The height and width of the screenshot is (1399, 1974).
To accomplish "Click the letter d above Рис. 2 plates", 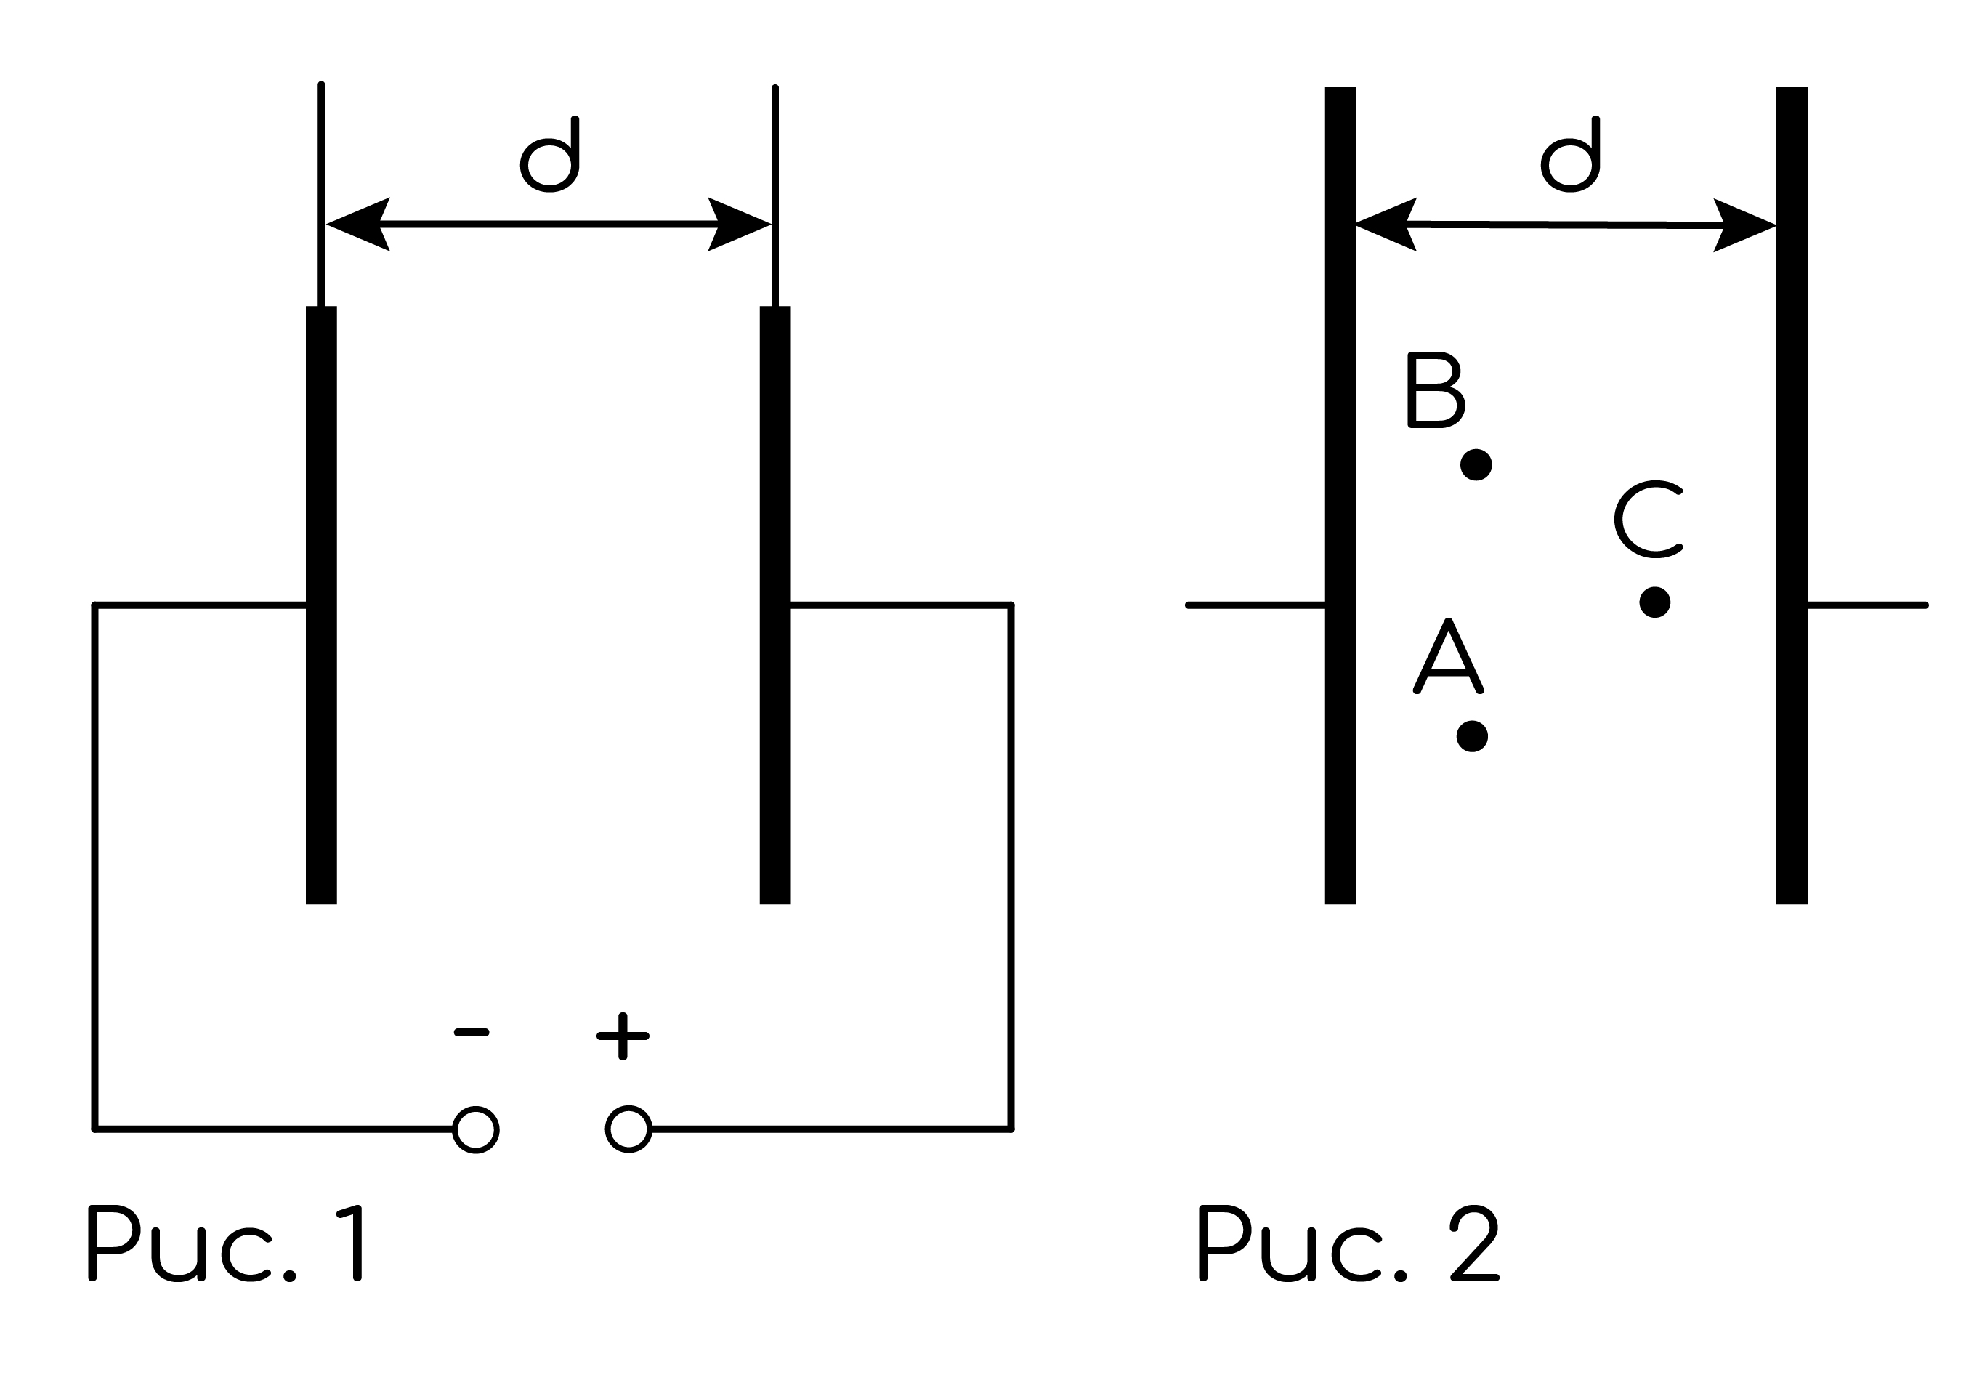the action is coord(1570,154).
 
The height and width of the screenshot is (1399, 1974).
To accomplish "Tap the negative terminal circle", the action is coord(475,1129).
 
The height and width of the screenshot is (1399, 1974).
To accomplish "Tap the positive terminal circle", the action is coord(628,1129).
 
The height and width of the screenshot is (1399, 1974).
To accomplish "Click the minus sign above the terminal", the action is coord(471,1032).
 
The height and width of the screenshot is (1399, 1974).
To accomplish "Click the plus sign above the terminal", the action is coord(623,1036).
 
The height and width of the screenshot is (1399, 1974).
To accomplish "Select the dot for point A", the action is coord(1472,736).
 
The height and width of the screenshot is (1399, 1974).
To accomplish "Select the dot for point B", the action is coord(1476,465).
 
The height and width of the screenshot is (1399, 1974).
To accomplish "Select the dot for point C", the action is coord(1654,603).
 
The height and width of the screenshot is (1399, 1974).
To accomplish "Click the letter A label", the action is coord(1449,656).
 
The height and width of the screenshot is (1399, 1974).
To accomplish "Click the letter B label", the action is coord(1436,390).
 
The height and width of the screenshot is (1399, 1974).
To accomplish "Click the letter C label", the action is coord(1649,519).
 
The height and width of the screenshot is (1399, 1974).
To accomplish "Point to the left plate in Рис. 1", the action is coord(321,605).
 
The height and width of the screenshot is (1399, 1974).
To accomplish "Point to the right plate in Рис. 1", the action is coord(775,605).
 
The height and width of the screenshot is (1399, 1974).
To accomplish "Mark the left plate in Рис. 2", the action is coord(1340,496).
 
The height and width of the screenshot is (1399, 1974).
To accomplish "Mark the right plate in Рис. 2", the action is coord(1792,496).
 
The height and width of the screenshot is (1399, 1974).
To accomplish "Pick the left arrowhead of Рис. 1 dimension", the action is coord(357,224).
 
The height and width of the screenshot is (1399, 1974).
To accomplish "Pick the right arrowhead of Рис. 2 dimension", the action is coord(1745,226).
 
